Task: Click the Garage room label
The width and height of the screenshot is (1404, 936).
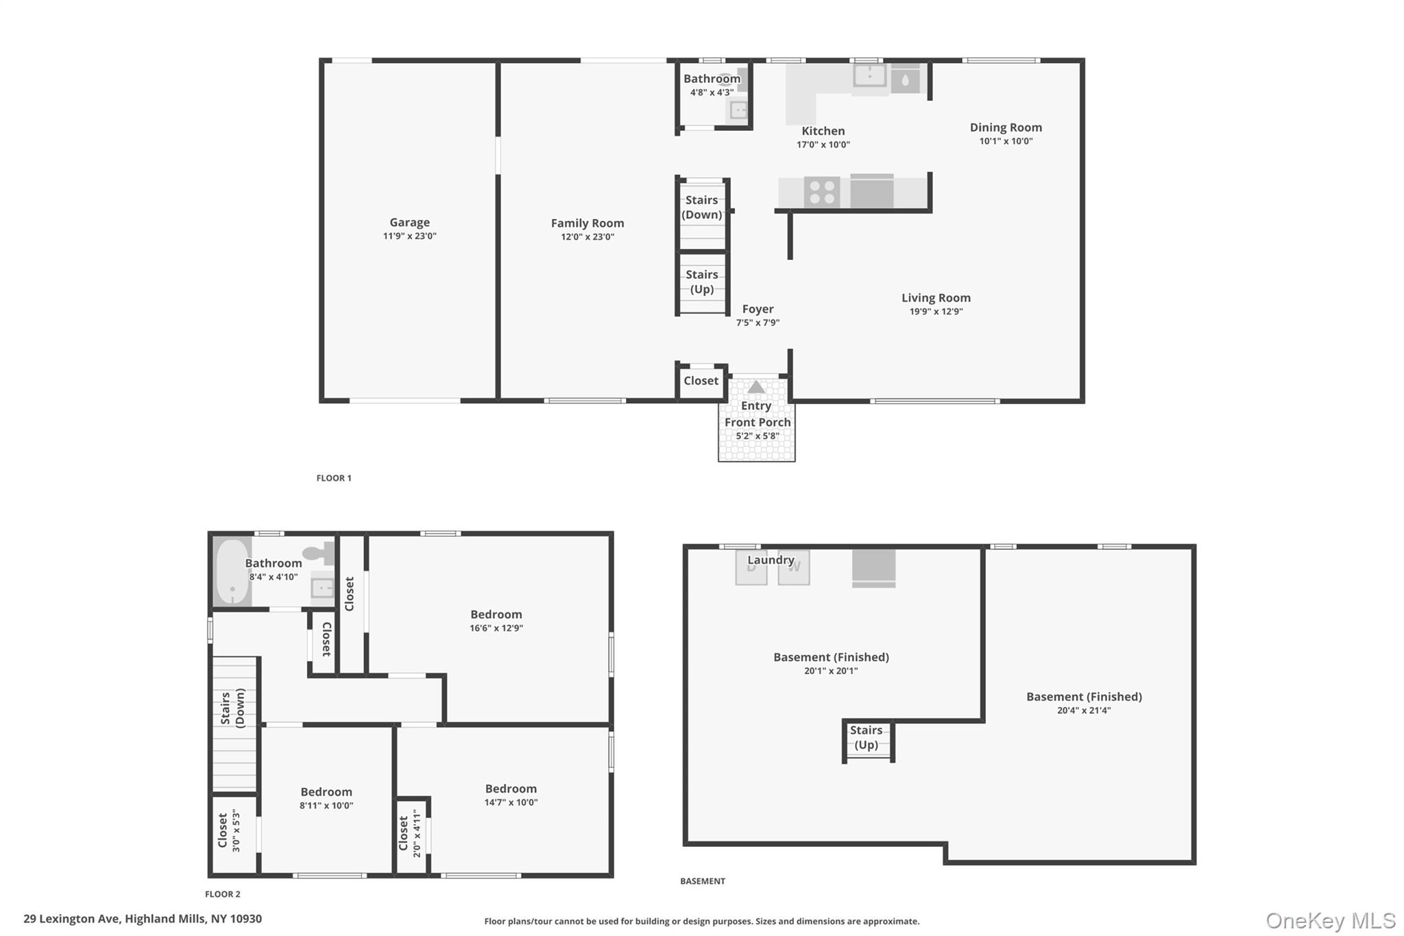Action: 409,222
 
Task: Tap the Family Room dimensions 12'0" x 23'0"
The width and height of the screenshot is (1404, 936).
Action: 588,237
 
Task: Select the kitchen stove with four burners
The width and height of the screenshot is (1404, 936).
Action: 821,192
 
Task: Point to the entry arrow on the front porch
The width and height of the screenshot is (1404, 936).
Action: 755,387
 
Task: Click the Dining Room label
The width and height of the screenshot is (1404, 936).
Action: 1006,128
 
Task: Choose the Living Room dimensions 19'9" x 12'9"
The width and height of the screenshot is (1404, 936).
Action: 936,311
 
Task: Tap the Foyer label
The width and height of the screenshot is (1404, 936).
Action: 758,309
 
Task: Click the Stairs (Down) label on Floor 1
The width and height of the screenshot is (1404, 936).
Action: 702,207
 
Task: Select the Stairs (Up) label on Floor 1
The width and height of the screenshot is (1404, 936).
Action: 702,282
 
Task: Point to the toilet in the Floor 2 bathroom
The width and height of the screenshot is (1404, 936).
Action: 317,553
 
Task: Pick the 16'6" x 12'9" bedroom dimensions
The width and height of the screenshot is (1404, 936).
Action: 496,628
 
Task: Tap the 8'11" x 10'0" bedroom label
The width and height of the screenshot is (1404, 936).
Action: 326,792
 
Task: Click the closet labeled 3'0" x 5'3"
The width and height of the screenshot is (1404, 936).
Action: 229,831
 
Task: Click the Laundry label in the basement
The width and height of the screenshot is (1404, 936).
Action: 771,560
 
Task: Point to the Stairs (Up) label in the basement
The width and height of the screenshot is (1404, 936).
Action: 866,738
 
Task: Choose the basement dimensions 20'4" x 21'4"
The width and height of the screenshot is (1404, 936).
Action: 1084,710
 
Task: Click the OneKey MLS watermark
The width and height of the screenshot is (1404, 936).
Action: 1330,920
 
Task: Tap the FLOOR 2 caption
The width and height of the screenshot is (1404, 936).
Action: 223,894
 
